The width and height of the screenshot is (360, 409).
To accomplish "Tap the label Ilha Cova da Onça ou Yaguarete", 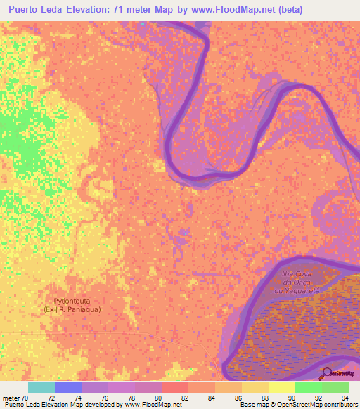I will pyautogui.click(x=300, y=280).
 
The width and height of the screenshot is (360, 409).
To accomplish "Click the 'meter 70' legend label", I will pyautogui.click(x=15, y=398).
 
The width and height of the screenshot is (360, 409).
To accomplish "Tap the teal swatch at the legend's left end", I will pyautogui.click(x=41, y=387).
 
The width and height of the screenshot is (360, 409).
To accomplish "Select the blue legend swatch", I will pyautogui.click(x=67, y=387).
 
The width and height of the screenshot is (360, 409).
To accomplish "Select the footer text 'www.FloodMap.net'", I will pyautogui.click(x=149, y=405).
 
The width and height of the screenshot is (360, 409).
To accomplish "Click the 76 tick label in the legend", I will pyautogui.click(x=108, y=398).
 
